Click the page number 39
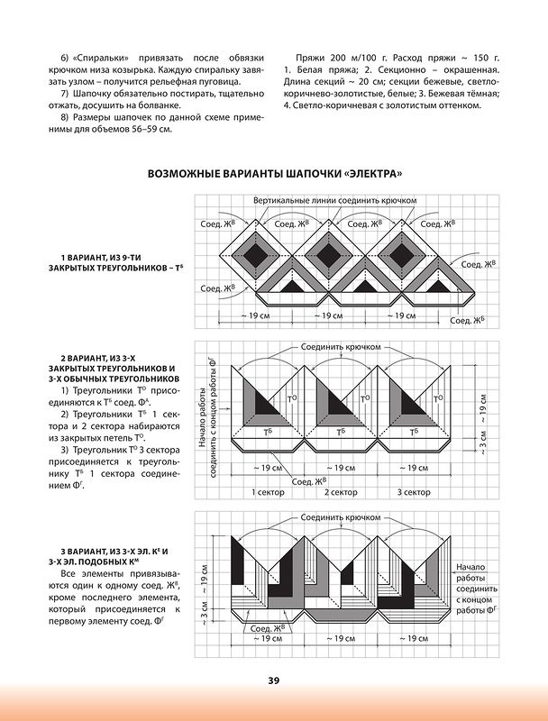(x=273, y=680)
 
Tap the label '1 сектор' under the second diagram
(x=265, y=493)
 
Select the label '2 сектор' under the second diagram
(x=340, y=493)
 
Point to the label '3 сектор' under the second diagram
(x=414, y=493)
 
